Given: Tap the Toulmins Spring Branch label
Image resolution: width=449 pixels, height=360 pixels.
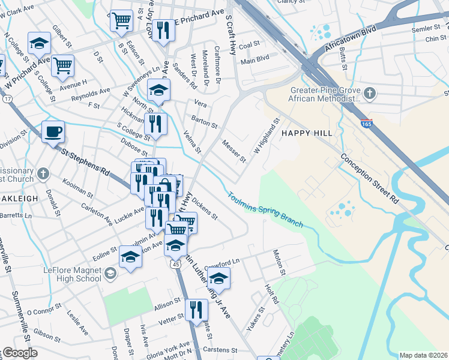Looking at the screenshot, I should click(265, 209).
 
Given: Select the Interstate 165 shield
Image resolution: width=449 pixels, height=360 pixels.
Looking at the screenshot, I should click(367, 123).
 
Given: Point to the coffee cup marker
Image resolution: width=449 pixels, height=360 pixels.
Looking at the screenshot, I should click(53, 131).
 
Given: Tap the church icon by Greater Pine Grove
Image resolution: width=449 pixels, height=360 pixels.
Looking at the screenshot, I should click(370, 93).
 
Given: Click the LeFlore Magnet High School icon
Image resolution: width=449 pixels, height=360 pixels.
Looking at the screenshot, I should click(109, 274).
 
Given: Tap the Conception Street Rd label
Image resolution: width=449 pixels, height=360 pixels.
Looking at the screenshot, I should click(369, 178).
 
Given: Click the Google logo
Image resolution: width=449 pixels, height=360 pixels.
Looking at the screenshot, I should click(19, 353).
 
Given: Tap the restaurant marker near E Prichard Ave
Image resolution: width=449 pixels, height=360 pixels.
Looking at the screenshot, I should click(162, 30).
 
